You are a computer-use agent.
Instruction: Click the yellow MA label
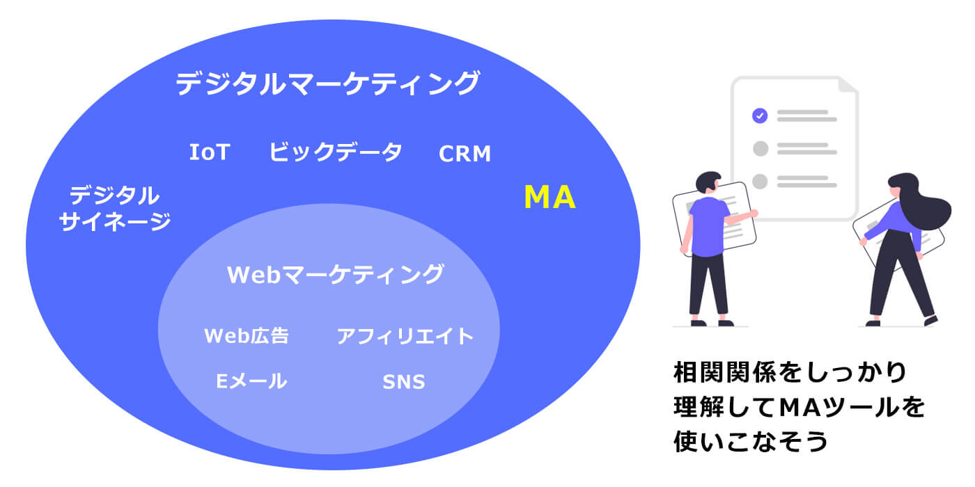click(x=549, y=198)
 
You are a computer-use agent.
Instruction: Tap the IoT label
click(x=209, y=152)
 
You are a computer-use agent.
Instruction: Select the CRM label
click(x=465, y=154)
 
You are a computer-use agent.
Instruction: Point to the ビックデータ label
click(x=336, y=152)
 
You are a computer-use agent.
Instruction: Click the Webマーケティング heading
click(x=335, y=274)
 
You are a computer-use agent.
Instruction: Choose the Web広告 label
click(x=247, y=336)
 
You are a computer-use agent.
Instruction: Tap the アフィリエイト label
click(x=405, y=337)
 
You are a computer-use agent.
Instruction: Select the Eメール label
click(x=251, y=381)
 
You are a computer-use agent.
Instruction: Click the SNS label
click(x=404, y=382)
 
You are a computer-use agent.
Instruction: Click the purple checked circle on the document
click(x=760, y=116)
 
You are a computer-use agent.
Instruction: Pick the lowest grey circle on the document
click(x=760, y=181)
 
